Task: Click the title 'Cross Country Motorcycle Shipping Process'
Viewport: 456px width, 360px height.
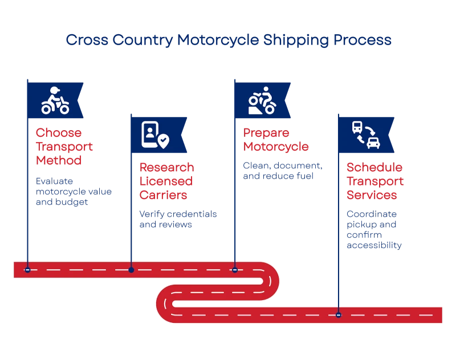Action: (228, 41)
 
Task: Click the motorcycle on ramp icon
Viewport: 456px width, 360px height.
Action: (262, 101)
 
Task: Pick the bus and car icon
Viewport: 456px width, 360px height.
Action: (365, 135)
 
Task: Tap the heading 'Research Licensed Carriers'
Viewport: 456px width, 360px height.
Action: (166, 181)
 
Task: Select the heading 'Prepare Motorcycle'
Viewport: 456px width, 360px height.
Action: (276, 140)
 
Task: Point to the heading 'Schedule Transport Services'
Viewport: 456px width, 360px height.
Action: (375, 181)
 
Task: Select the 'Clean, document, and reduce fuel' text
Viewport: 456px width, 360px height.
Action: (282, 171)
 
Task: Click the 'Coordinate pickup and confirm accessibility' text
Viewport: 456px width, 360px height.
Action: (373, 230)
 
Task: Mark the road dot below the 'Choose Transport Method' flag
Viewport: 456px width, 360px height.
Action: (27, 269)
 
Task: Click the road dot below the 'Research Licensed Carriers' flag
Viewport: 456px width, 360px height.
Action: (131, 269)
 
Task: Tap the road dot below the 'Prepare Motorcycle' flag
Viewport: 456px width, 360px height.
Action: (235, 269)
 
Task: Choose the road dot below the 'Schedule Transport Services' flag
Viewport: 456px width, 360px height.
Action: (339, 314)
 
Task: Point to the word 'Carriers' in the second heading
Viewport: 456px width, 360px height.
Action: (163, 195)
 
